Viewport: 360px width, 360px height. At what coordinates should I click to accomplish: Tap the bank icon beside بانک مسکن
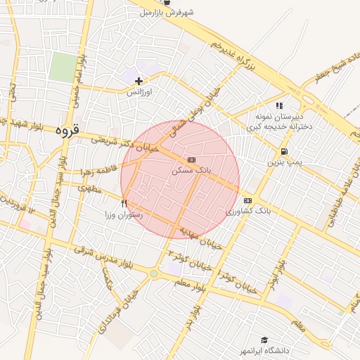click(192, 160)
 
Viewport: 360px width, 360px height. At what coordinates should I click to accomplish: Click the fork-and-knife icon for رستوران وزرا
click(124, 204)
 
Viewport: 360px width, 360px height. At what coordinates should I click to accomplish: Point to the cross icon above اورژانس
click(139, 82)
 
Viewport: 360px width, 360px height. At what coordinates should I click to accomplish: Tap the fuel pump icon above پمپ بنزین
click(283, 151)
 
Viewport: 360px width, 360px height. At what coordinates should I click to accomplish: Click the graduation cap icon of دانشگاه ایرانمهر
click(264, 340)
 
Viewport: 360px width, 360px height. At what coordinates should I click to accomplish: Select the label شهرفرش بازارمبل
click(167, 12)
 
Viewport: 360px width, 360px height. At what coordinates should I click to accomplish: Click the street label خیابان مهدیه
click(200, 238)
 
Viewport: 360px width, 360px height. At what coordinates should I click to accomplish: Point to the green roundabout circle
click(153, 274)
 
